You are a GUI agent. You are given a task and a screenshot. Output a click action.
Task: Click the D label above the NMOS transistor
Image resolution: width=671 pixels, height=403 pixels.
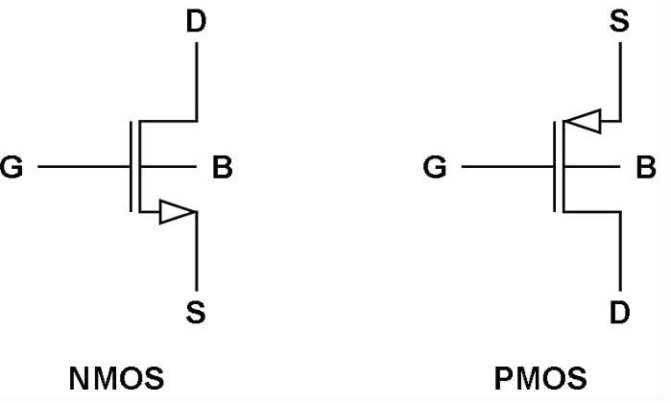pos(196,21)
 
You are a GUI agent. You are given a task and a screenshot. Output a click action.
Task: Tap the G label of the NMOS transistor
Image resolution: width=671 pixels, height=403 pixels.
pos(12,167)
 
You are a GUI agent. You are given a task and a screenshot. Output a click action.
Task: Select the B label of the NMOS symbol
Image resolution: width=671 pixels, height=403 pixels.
pos(222,167)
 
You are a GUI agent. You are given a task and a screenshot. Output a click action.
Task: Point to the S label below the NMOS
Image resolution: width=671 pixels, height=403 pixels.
pos(196,312)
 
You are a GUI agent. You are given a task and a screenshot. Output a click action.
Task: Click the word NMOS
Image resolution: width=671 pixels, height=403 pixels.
pos(116,378)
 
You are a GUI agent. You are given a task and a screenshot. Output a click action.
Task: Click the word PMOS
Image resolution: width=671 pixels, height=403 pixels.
pos(540,378)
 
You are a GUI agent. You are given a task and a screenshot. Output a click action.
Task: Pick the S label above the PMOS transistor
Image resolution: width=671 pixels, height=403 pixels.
pos(619,21)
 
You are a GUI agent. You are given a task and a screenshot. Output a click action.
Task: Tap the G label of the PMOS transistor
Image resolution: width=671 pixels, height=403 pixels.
pos(435,167)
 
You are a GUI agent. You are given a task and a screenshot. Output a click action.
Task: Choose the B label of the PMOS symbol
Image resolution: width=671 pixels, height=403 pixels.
pos(646,167)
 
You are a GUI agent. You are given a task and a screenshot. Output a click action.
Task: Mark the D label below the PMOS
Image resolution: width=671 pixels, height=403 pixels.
pos(620,312)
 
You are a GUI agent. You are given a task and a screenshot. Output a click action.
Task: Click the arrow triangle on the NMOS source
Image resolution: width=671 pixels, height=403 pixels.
pos(177,211)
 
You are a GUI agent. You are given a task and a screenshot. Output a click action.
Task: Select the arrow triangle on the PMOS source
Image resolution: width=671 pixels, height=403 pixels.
pos(583,122)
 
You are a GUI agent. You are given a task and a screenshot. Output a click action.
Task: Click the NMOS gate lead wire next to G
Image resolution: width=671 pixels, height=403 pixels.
pos(84,166)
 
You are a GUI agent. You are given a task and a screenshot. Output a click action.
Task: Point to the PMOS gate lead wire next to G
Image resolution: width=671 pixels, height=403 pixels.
pos(508,166)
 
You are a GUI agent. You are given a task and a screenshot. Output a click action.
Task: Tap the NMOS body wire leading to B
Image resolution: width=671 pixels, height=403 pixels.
pos(168,166)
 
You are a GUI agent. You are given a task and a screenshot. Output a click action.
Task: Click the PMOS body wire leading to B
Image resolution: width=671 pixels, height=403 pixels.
pos(592,166)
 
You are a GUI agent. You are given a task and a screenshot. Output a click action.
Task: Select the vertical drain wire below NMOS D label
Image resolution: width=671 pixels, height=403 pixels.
pos(197,82)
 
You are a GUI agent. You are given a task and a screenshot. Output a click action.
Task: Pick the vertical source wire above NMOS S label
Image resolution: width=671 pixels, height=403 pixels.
pos(197,251)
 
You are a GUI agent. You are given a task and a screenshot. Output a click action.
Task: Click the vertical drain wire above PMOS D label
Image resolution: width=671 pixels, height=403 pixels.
pos(620,251)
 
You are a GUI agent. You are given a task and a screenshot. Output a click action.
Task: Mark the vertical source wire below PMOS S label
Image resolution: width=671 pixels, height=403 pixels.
pos(620,82)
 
